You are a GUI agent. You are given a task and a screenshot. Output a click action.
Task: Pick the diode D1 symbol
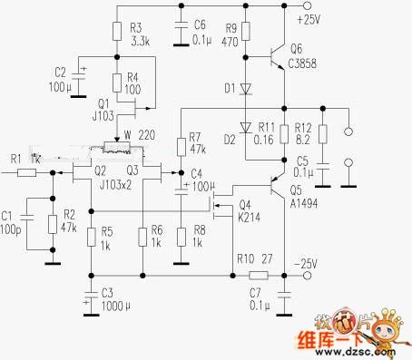(243, 88)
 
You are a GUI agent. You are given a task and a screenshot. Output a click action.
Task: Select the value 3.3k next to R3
(140, 41)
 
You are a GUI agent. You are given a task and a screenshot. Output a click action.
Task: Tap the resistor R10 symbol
(259, 274)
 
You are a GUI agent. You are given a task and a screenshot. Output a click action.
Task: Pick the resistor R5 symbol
(90, 237)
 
